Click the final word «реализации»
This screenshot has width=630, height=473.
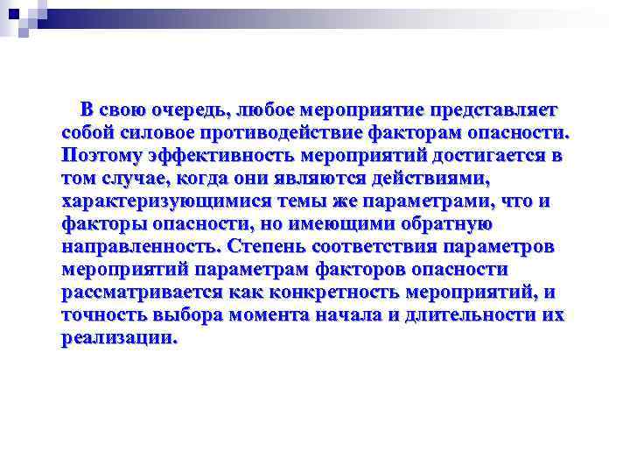(119, 338)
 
